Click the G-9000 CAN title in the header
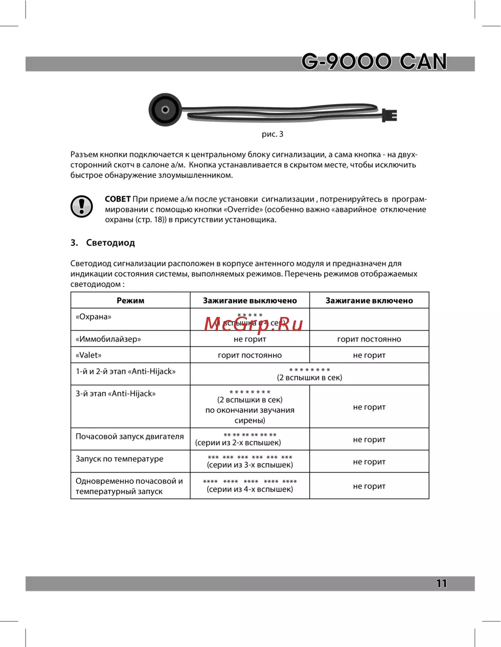374,62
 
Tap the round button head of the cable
165,110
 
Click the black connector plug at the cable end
389,115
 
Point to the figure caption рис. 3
273,134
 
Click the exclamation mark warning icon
82,206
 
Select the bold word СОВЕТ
118,199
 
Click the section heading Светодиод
110,243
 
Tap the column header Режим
130,300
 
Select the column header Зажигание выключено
249,300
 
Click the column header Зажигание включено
369,300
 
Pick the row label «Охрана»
94,316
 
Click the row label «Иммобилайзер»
108,339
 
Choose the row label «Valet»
89,355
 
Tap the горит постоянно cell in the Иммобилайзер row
369,339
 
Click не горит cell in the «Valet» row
369,355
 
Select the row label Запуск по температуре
119,458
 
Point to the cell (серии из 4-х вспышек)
249,489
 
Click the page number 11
441,583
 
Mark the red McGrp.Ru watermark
254,325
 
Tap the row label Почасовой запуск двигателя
130,436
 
